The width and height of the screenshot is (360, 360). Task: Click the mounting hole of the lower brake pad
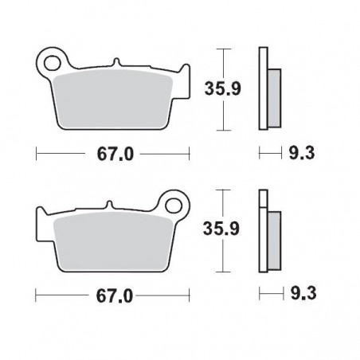click(170, 202)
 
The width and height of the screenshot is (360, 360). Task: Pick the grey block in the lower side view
click(273, 239)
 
